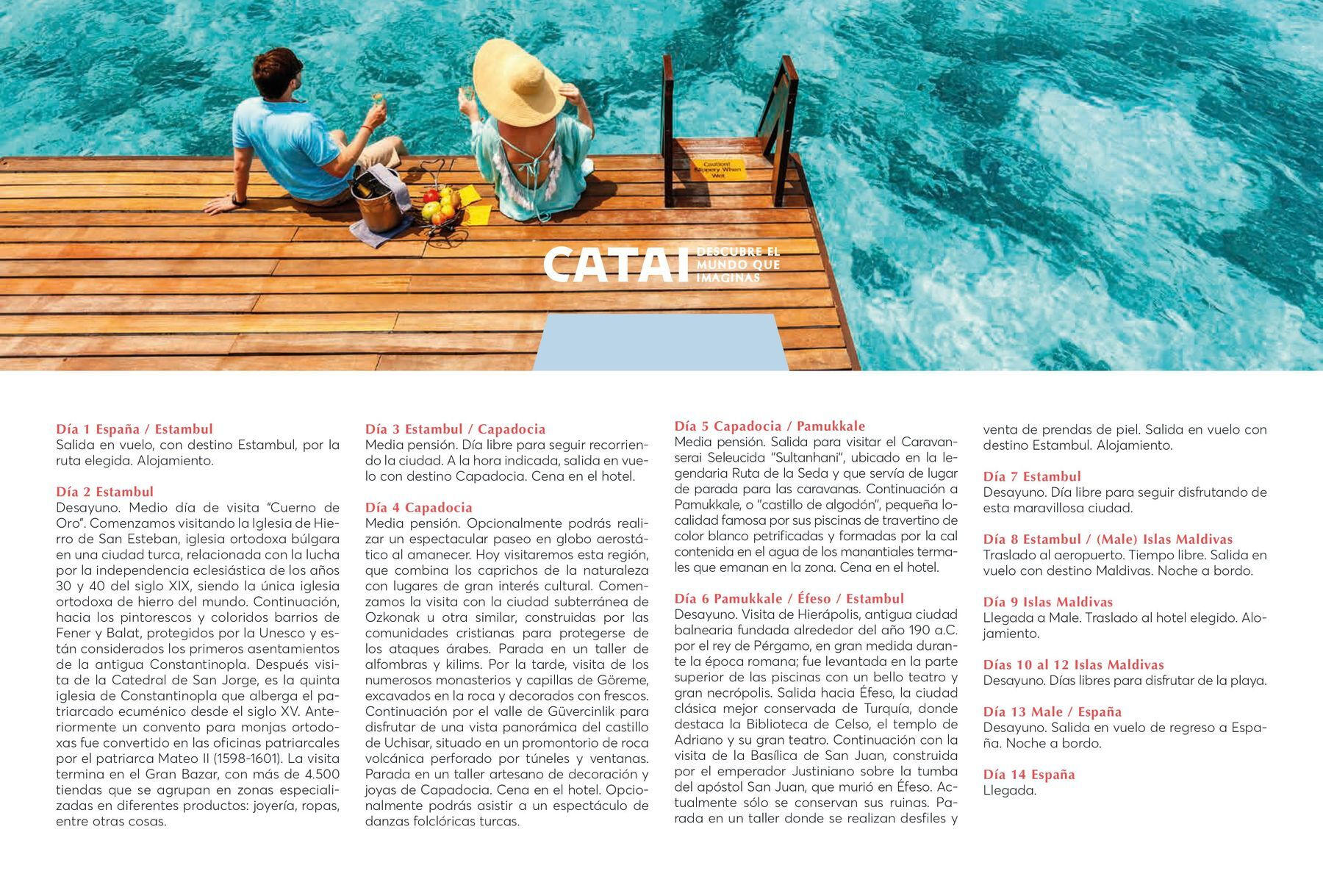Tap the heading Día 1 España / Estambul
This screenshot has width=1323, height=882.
(135, 429)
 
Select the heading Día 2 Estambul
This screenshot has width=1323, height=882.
(104, 492)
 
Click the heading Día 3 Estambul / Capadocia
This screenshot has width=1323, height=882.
(455, 429)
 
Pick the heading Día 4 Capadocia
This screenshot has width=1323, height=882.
(418, 508)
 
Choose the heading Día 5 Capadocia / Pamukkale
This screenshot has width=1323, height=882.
(770, 426)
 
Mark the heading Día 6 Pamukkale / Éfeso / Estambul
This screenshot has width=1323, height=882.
(789, 599)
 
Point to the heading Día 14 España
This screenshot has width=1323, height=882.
(1029, 775)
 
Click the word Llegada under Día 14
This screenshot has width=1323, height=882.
(1009, 791)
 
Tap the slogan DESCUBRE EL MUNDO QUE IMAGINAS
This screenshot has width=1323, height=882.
(737, 265)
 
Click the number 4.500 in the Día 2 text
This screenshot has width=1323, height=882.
(321, 775)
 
